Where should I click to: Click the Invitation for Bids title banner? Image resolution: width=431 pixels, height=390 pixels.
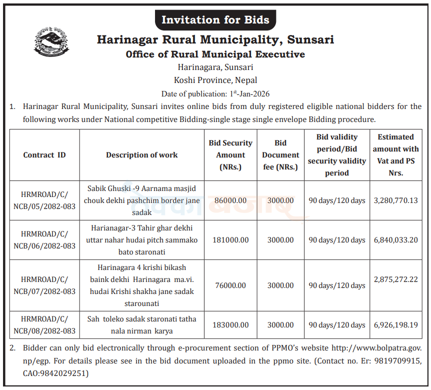(215, 20)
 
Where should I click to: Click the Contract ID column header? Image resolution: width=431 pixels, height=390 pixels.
(44, 155)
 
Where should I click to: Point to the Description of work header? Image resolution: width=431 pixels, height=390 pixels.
(141, 155)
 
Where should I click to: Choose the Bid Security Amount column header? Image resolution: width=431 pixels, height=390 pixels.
(230, 155)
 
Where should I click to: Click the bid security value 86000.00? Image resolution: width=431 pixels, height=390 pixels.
(230, 200)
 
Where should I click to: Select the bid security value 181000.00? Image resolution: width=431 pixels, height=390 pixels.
(230, 240)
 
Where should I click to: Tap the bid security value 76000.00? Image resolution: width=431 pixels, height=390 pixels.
(230, 285)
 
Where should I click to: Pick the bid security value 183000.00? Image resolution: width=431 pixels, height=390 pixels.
(230, 325)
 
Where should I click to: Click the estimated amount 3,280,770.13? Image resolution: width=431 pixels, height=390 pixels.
(395, 200)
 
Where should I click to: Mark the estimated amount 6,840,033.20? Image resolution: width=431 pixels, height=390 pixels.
(395, 240)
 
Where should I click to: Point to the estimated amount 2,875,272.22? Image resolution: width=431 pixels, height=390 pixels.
(395, 279)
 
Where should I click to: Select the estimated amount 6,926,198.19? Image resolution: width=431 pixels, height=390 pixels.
(395, 325)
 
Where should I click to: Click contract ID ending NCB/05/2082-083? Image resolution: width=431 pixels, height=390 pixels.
(44, 200)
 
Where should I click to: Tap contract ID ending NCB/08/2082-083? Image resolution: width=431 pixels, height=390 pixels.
(44, 325)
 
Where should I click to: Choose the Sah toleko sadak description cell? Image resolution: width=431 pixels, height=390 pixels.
(141, 325)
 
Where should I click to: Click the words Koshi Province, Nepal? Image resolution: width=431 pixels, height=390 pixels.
(215, 80)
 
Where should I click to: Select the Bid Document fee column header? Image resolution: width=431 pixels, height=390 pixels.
(280, 155)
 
